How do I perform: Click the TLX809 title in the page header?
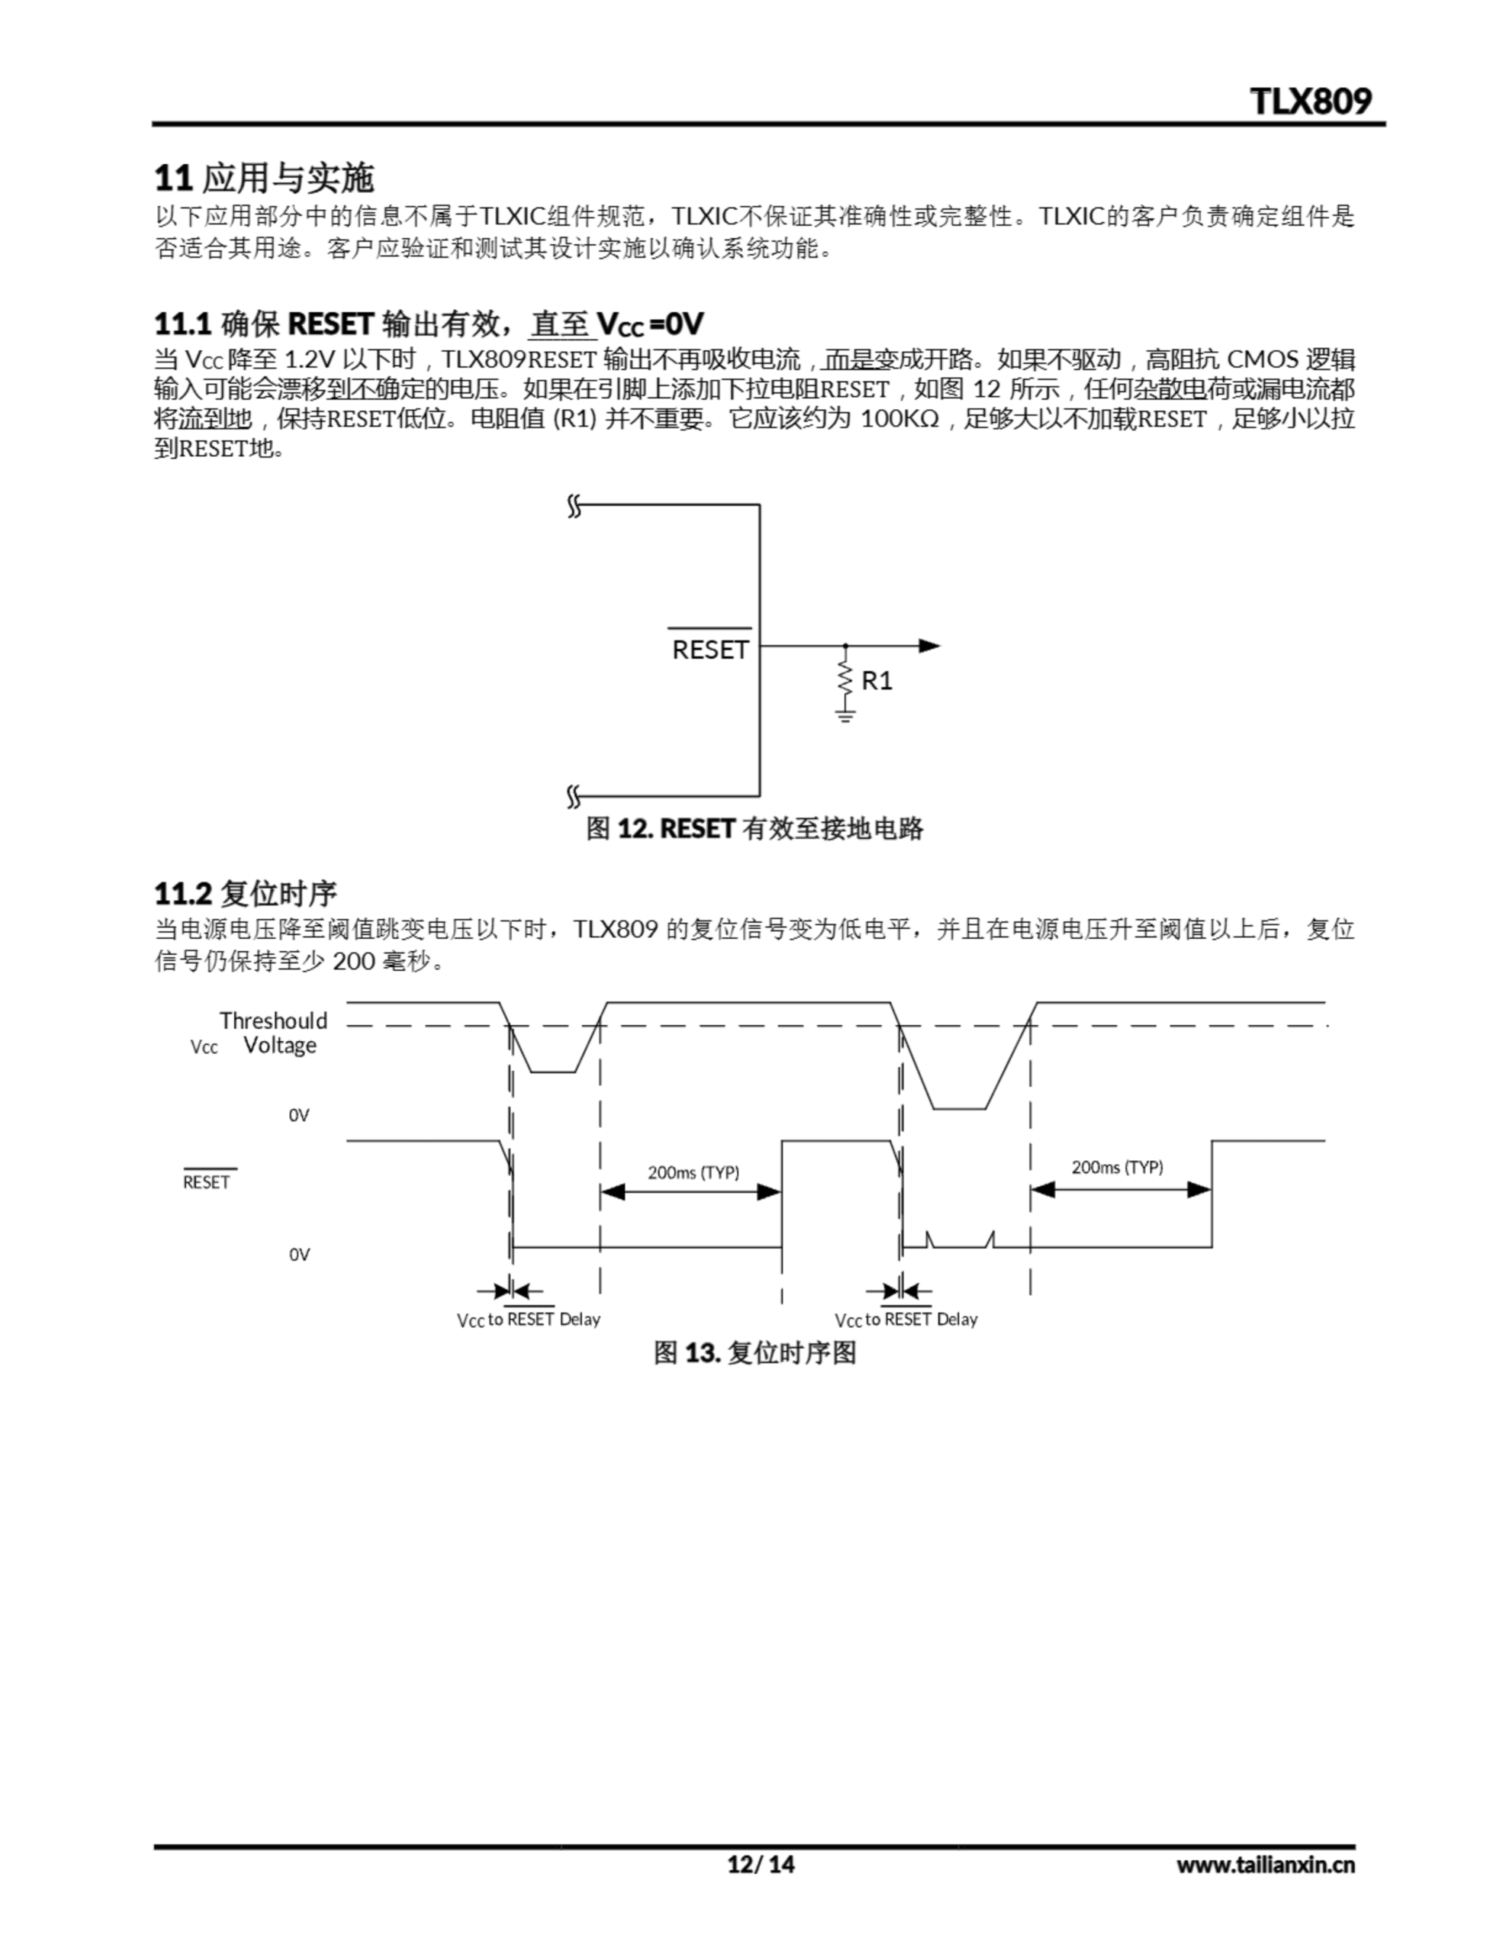click(x=1310, y=101)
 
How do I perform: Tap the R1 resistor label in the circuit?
click(x=877, y=681)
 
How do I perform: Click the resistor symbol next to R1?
click(x=845, y=677)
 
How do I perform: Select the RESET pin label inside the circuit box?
click(x=710, y=650)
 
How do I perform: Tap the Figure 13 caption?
click(x=754, y=1352)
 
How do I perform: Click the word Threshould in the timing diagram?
click(x=274, y=1021)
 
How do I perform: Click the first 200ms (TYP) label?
click(x=693, y=1172)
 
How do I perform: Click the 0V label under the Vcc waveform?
click(x=299, y=1116)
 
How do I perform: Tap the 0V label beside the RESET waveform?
click(x=299, y=1254)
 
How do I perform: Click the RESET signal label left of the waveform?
click(x=207, y=1182)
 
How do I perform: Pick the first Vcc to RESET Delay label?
click(x=529, y=1320)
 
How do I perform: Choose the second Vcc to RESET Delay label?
click(x=906, y=1320)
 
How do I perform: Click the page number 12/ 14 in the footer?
click(x=761, y=1865)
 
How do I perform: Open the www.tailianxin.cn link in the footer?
click(x=1265, y=1865)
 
